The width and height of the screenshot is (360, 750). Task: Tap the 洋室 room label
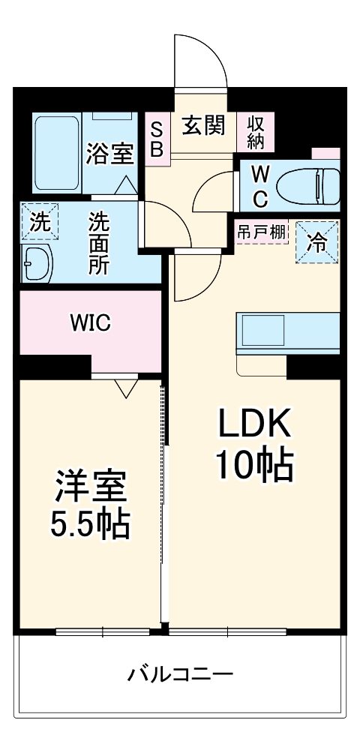tap(90, 486)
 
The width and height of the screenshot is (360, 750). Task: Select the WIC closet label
tap(91, 323)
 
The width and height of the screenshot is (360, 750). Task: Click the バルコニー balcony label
tap(180, 672)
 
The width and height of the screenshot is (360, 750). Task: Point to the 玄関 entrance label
tap(203, 126)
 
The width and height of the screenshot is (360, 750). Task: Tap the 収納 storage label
tap(256, 133)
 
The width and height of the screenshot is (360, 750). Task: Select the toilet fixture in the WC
tap(307, 184)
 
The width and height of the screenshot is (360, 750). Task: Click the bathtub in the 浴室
tap(57, 154)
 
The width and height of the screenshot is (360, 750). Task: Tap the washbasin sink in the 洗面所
tap(36, 262)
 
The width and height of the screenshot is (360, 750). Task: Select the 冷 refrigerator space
tap(318, 242)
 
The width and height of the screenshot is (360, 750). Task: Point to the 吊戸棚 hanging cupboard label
tap(262, 232)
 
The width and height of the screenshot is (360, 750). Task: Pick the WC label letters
tap(259, 186)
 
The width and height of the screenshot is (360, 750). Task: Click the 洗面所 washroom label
tap(98, 244)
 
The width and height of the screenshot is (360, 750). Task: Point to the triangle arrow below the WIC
tap(125, 387)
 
